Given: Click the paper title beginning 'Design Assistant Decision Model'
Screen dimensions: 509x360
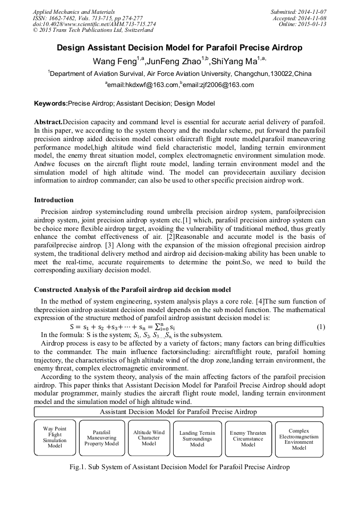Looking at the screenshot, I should (x=179, y=48).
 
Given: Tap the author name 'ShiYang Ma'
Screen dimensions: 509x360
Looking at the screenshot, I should (x=234, y=61).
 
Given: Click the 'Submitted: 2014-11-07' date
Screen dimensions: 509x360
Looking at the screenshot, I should (x=299, y=11).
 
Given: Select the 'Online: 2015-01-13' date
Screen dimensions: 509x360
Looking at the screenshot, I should (x=302, y=24).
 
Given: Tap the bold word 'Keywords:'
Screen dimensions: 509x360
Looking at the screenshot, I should (x=51, y=103).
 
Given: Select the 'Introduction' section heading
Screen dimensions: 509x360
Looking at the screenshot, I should (x=54, y=200).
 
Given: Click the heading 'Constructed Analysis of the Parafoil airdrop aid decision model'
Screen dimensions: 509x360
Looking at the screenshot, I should (x=132, y=290).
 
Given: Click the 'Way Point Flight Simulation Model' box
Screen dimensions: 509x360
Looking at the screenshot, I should (x=55, y=437).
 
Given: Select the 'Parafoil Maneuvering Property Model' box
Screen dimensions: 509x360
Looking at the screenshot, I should (x=101, y=438).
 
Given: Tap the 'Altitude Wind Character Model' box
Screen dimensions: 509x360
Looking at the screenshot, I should (x=149, y=438).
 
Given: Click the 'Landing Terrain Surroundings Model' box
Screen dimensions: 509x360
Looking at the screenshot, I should (x=197, y=438).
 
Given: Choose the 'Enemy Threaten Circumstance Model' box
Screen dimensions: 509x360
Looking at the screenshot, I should (x=248, y=438).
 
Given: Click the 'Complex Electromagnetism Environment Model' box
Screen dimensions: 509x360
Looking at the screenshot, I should (x=299, y=439).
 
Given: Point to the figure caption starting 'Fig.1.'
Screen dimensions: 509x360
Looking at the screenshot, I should (x=179, y=467).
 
